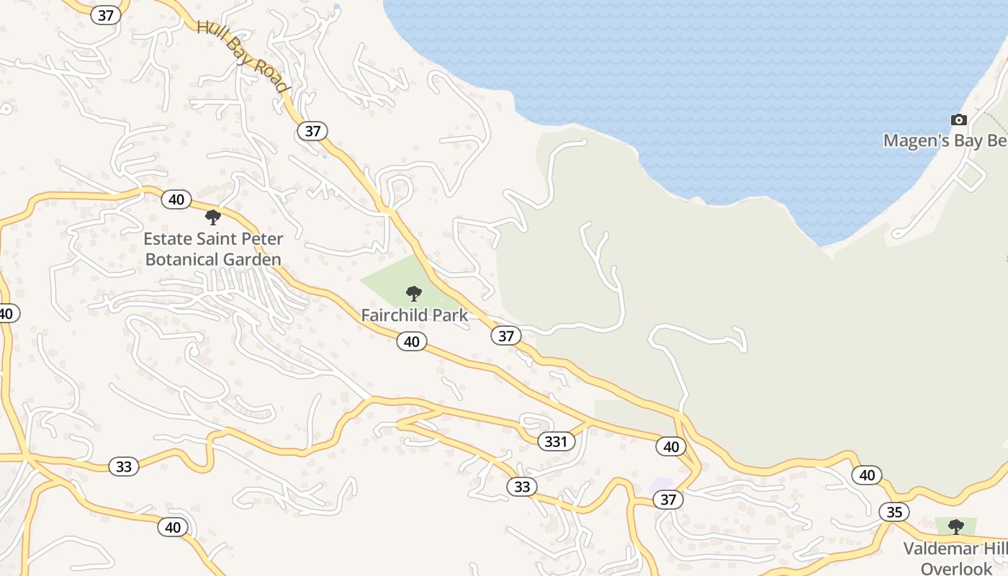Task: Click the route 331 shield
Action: (556, 441)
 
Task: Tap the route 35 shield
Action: (894, 512)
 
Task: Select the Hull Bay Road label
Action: (243, 56)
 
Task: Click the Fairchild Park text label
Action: (414, 315)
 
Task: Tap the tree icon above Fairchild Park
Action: (413, 293)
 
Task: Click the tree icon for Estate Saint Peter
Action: (212, 217)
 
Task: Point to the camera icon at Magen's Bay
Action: (958, 120)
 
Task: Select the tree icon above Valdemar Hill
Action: (955, 526)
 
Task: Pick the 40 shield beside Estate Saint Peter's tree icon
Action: (176, 199)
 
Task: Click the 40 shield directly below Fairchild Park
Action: (411, 341)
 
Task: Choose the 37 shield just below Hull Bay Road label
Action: (312, 131)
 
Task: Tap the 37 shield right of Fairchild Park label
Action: (506, 336)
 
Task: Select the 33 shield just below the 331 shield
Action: (522, 487)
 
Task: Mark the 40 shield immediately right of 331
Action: (671, 446)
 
